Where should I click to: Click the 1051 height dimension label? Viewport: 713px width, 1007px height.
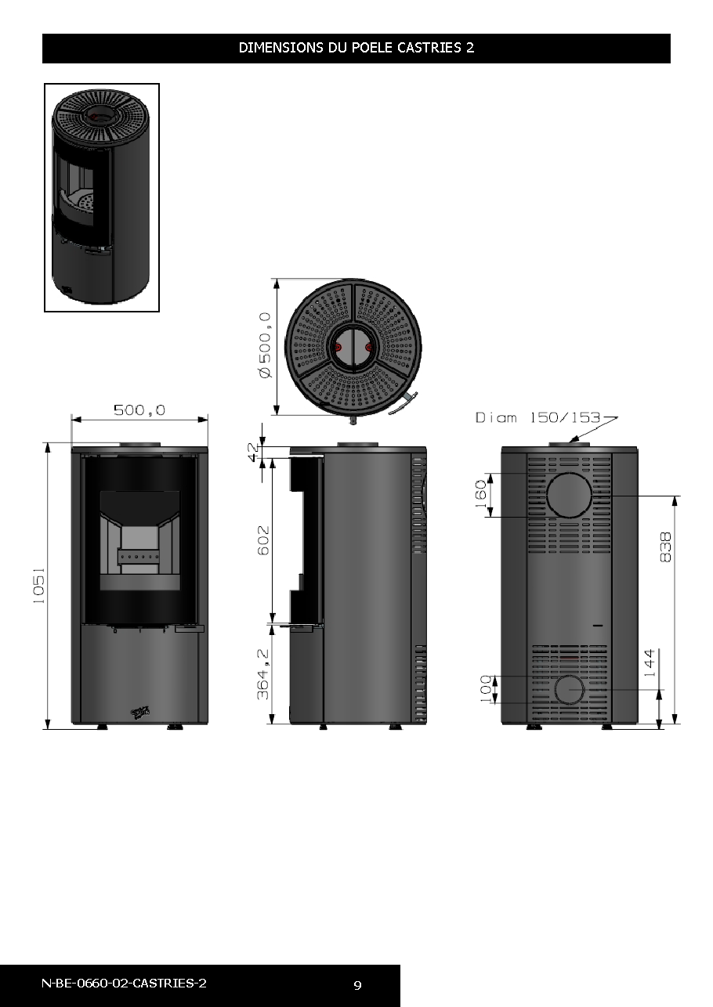(x=39, y=585)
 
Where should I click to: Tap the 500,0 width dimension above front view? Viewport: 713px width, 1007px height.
(x=139, y=410)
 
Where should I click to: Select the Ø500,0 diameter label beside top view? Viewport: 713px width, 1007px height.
(x=266, y=345)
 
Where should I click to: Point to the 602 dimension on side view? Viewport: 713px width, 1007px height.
(x=263, y=540)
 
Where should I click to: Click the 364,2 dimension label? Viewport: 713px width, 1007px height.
(x=263, y=674)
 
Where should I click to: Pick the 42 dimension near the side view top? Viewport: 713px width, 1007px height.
(x=253, y=452)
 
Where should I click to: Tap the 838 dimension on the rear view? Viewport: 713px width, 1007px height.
(x=665, y=547)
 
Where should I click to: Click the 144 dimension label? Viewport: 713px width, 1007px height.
(x=650, y=663)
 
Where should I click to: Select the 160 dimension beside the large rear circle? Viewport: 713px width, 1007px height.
(x=480, y=493)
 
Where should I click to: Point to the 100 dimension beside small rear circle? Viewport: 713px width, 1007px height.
(x=486, y=689)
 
